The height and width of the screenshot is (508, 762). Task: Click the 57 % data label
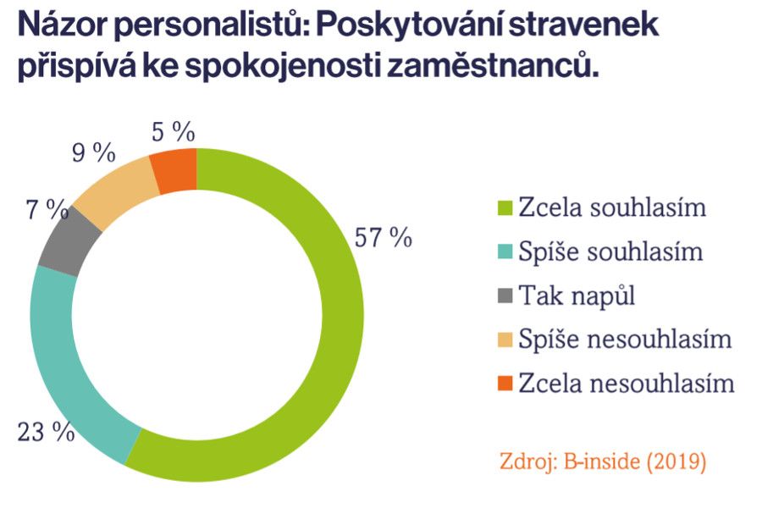pyautogui.click(x=384, y=238)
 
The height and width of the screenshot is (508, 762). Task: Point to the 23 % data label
pyautogui.click(x=46, y=432)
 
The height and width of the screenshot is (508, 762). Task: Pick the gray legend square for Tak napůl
pyautogui.click(x=505, y=296)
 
